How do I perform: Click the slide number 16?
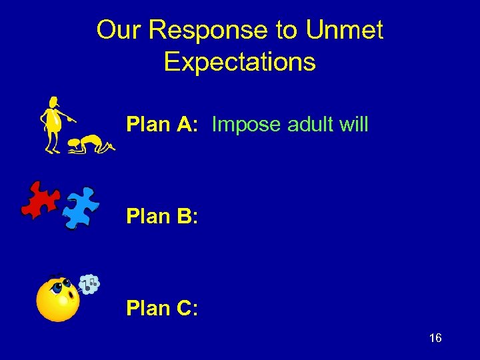click(435, 339)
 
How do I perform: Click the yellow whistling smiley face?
click(57, 300)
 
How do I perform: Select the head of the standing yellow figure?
click(53, 103)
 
